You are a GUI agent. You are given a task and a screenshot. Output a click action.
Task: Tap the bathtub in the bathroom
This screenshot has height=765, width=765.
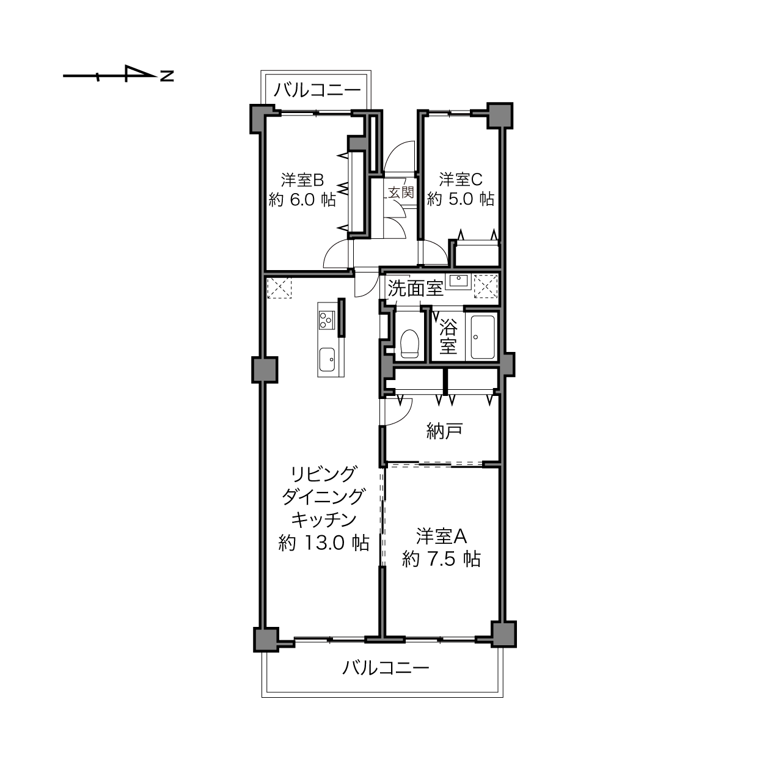[482, 337]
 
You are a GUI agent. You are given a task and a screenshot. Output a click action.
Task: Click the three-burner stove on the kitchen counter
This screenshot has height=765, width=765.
[326, 320]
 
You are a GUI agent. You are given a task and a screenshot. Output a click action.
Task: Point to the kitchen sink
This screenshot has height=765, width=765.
[327, 360]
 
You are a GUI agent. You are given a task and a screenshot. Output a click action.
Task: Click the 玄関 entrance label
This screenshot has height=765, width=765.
[401, 192]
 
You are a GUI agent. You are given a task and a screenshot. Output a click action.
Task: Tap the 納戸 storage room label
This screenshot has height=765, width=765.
[445, 431]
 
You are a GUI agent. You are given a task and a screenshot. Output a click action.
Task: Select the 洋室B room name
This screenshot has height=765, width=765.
[302, 180]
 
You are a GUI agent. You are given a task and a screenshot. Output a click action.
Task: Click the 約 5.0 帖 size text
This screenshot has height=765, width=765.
[461, 199]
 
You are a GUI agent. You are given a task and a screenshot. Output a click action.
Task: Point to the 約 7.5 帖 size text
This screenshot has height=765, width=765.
[441, 559]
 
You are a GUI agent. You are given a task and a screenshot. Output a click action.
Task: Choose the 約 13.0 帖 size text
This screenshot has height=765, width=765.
[324, 543]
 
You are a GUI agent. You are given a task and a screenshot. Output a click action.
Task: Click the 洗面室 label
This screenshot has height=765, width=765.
[415, 288]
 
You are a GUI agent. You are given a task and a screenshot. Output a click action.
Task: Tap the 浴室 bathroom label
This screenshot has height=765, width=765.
[448, 337]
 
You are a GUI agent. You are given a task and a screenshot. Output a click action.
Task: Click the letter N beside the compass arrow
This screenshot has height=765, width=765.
[167, 76]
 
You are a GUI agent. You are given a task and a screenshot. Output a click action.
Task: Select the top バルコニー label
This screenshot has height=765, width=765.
[318, 90]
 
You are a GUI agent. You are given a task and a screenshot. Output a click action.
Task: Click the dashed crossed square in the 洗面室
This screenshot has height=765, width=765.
[486, 286]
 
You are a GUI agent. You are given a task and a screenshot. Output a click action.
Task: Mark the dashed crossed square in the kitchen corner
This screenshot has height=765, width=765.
[279, 288]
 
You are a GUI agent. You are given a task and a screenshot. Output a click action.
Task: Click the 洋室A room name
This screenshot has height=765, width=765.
[441, 537]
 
